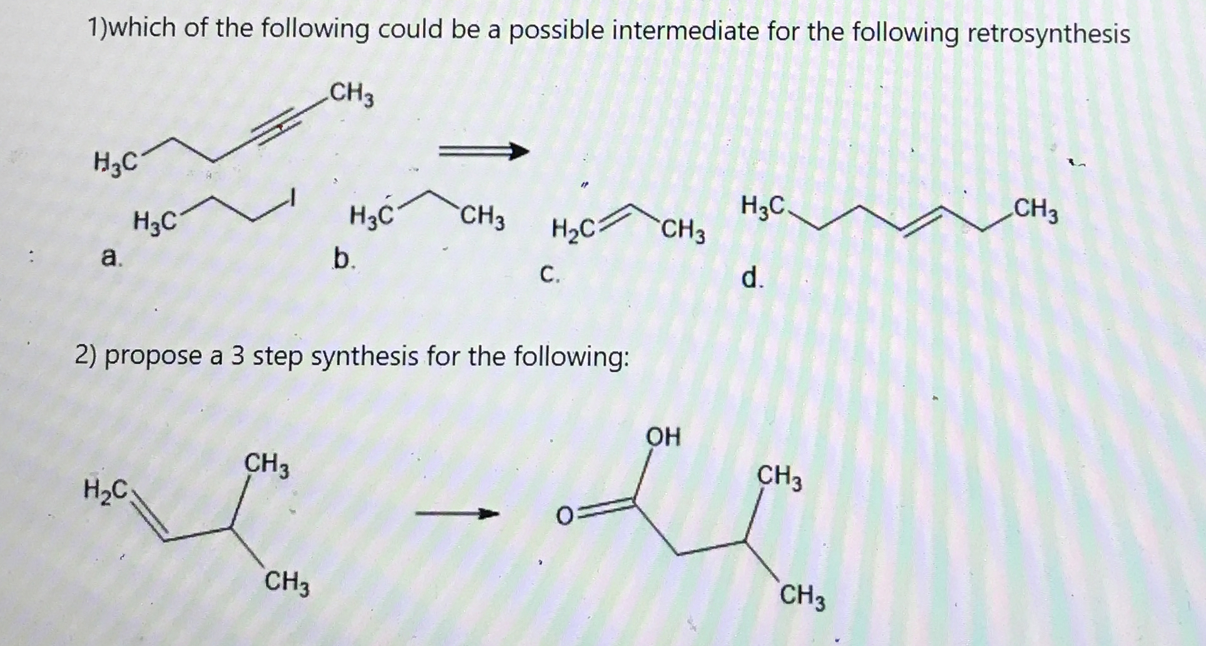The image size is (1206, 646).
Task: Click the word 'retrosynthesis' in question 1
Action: click(1048, 33)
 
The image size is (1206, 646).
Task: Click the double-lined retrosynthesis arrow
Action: click(483, 151)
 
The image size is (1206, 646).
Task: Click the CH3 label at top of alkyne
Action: click(352, 94)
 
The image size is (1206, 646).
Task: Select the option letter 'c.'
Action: click(549, 274)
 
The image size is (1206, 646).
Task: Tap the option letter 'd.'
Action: click(751, 277)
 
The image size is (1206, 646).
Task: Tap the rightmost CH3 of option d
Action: click(1036, 210)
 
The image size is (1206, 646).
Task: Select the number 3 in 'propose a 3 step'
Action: click(238, 356)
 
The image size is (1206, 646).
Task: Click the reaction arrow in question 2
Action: click(457, 514)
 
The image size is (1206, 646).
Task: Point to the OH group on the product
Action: click(663, 437)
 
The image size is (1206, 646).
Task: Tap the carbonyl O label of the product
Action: click(564, 517)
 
